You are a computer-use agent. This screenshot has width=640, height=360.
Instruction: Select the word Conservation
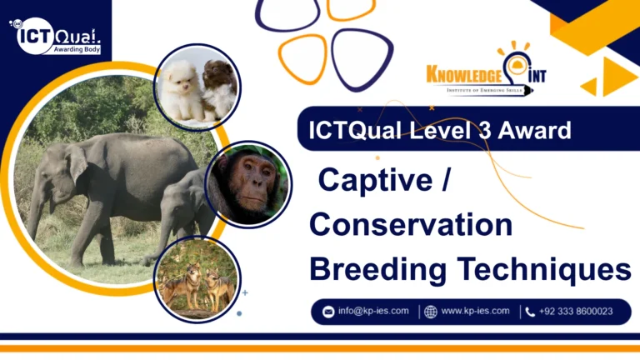pyautogui.click(x=411, y=225)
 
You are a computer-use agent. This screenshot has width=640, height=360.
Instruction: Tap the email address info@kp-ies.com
pyautogui.click(x=372, y=312)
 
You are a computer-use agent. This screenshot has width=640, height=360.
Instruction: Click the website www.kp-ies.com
pyautogui.click(x=475, y=312)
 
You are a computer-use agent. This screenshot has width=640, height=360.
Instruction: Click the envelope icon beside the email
pyautogui.click(x=328, y=312)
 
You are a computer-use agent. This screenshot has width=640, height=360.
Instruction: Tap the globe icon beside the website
pyautogui.click(x=430, y=312)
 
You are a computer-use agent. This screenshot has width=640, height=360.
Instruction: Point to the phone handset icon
pyautogui.click(x=530, y=312)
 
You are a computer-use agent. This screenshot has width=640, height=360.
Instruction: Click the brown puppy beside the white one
pyautogui.click(x=218, y=86)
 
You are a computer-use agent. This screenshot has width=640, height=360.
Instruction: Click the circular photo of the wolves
pyautogui.click(x=197, y=279)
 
